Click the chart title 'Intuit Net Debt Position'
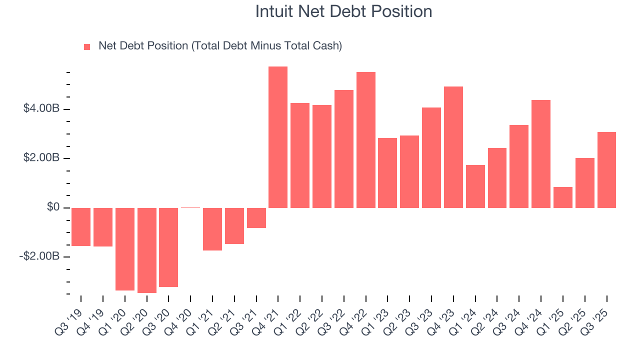[343, 11]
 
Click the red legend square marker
[87, 46]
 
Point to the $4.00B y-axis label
[41, 109]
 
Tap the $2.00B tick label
[41, 158]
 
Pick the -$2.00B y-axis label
[40, 256]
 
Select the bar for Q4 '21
[278, 137]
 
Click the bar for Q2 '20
[146, 250]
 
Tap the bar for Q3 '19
[81, 226]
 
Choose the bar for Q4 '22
[365, 140]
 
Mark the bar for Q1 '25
[562, 197]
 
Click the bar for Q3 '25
[606, 170]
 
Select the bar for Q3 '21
[256, 217]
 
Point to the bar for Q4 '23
[453, 147]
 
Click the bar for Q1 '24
[475, 186]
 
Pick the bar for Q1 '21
[212, 229]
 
